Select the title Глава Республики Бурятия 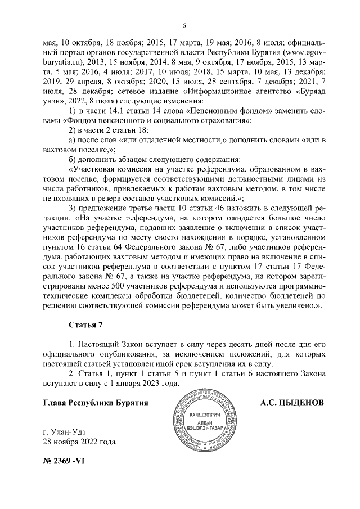(95, 403)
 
